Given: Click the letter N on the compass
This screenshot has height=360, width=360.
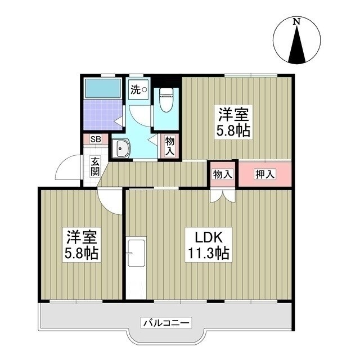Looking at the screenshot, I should [x=296, y=22].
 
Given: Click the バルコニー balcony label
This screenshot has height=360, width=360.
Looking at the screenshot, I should [x=166, y=323].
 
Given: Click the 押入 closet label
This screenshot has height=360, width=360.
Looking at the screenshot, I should [x=265, y=174].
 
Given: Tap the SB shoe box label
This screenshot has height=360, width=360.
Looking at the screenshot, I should [x=96, y=139].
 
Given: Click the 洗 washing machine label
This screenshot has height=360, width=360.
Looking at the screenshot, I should [x=136, y=89].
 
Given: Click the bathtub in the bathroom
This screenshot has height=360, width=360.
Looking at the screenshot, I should [x=102, y=88].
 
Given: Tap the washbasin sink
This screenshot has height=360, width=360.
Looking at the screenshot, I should [x=121, y=149].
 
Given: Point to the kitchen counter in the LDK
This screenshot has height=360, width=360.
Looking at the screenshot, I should [x=136, y=253].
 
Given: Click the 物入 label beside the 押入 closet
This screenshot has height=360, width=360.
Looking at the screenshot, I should [x=222, y=174].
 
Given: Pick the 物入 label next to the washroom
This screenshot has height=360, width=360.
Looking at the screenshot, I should [x=169, y=146].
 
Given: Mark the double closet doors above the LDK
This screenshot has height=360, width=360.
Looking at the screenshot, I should [x=222, y=195].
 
